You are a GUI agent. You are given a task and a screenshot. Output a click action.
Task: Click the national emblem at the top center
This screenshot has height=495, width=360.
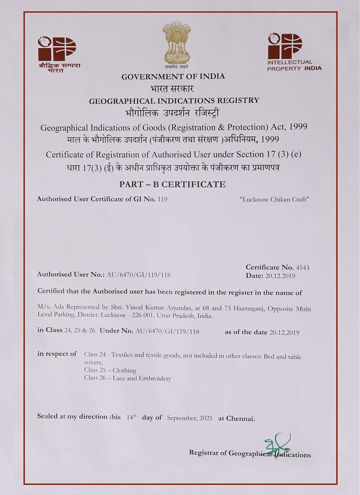[176, 44]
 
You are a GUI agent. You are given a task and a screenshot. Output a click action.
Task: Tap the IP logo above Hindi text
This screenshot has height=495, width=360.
[57, 49]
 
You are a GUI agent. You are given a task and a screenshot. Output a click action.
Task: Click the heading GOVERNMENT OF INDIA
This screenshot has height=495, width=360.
[173, 76]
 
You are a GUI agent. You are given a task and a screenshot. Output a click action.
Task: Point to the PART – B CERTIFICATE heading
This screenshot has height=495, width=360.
[172, 184]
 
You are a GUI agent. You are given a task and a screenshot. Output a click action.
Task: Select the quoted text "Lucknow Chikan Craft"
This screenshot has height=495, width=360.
[274, 199]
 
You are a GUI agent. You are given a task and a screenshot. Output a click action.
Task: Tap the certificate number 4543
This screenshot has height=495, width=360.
[303, 267]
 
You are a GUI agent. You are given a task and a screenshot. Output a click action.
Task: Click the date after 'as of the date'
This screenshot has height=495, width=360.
[284, 333]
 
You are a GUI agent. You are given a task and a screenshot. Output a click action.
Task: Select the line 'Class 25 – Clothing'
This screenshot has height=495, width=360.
[110, 370]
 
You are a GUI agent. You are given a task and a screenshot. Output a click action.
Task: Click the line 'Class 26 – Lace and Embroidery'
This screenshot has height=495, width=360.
[127, 378]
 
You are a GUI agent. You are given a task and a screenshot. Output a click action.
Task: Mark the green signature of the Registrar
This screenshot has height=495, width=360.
[277, 443]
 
